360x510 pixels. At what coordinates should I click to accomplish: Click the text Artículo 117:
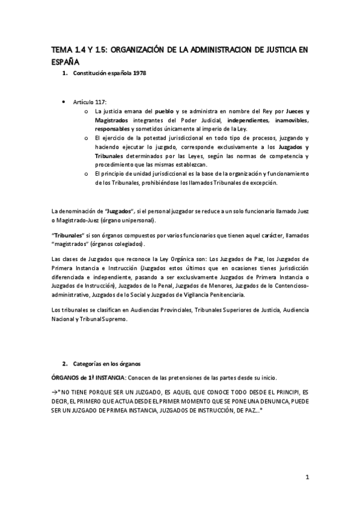88,102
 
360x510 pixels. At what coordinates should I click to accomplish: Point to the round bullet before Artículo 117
64,102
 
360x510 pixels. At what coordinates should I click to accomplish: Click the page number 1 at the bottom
307,478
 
